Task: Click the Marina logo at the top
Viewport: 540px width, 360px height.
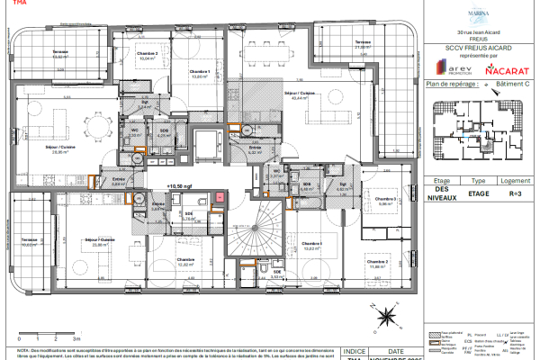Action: [x=478, y=14]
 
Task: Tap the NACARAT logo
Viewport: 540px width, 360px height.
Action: [x=506, y=68]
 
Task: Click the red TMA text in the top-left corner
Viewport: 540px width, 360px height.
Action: [x=8, y=4]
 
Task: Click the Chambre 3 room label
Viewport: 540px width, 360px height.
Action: [x=385, y=201]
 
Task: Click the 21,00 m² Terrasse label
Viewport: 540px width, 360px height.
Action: [x=363, y=45]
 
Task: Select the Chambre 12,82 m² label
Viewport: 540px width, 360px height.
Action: [x=186, y=262]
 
